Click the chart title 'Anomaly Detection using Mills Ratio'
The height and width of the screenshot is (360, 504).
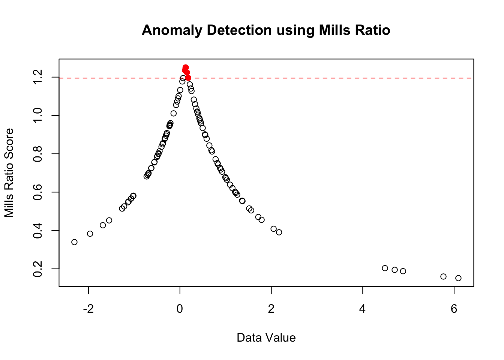(x=266, y=30)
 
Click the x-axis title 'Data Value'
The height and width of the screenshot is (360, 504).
(x=266, y=338)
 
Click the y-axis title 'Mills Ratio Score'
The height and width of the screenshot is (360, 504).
(x=9, y=172)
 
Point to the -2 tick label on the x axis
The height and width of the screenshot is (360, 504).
(x=88, y=309)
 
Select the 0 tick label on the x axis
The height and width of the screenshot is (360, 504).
(x=180, y=309)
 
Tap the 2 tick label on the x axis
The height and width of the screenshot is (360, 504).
(x=271, y=309)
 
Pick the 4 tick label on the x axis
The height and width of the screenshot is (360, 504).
(x=363, y=309)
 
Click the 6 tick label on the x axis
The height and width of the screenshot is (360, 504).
(x=454, y=309)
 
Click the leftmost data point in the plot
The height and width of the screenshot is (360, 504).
(x=74, y=242)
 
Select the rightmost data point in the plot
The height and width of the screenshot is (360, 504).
(x=458, y=278)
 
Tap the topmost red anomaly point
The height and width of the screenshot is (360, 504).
(x=186, y=67)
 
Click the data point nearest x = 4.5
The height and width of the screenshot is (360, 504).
(x=385, y=268)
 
